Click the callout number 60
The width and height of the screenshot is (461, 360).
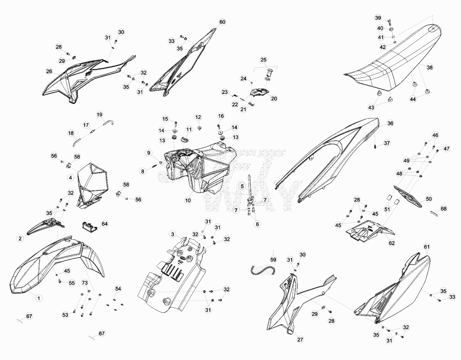pyautogui.click(x=222, y=22)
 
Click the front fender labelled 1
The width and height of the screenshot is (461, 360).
pyautogui.click(x=56, y=265)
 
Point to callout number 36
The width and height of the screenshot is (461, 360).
pyautogui.click(x=390, y=123)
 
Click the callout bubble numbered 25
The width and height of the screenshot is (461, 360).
pyautogui.click(x=263, y=60)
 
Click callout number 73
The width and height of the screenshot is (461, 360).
pyautogui.click(x=85, y=283)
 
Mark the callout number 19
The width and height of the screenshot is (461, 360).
pyautogui.click(x=99, y=114)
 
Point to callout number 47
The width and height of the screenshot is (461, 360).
pyautogui.click(x=447, y=148)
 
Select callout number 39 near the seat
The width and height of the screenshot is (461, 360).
pyautogui.click(x=378, y=18)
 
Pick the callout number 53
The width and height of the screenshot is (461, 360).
pyautogui.click(x=65, y=315)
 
